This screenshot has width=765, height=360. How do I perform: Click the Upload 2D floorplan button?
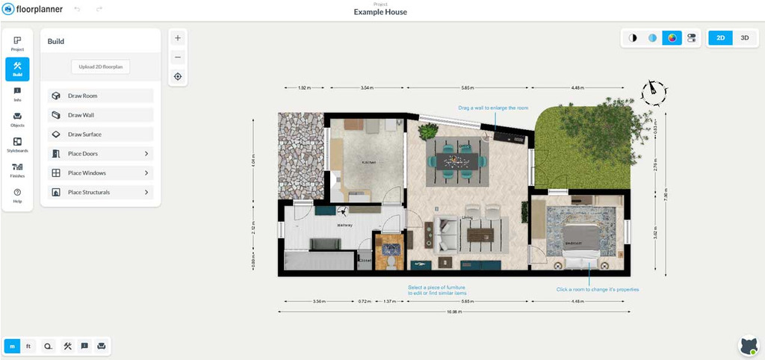[100, 66]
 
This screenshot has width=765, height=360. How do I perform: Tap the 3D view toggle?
[744, 37]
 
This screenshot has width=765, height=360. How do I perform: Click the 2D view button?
[720, 37]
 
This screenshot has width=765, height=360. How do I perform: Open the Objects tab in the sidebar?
[17, 120]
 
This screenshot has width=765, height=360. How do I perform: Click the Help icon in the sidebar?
[17, 196]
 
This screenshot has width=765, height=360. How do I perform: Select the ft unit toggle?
[28, 346]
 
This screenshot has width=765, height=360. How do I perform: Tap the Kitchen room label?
[368, 162]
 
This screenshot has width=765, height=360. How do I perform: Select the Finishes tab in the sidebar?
[17, 170]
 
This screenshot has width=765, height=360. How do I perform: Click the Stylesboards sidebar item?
[17, 145]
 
